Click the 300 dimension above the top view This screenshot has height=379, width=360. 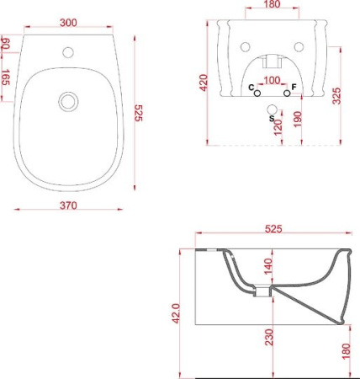pos(68,23)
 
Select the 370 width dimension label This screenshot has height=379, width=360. pos(68,206)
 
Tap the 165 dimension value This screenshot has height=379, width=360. pos(6,77)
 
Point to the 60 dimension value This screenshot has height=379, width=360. pos(6,44)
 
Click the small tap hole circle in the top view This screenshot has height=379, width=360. pos(68,52)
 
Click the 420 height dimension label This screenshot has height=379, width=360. pos(204,83)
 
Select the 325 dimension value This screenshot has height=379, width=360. pos(336,96)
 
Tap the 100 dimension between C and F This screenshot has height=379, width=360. pos(272,80)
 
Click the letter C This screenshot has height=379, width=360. pos(251,88)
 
